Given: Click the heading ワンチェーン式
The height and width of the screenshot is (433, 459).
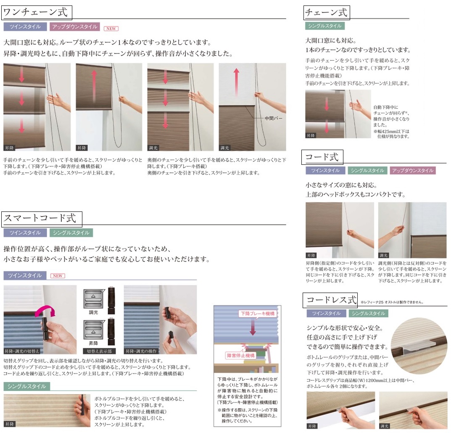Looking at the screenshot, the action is (x=36, y=13).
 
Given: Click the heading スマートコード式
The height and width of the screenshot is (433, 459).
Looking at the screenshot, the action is (x=40, y=219).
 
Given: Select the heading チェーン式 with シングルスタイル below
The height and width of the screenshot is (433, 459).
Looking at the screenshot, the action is (x=326, y=13).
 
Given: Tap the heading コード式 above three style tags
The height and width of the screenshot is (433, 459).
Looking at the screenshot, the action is (x=322, y=157).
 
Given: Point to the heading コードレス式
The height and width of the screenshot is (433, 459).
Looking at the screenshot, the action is (x=331, y=300).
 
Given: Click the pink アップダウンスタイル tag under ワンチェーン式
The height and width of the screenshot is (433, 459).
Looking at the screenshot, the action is (x=75, y=26).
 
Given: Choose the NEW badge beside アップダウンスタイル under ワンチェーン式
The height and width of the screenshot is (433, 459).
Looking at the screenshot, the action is (x=111, y=29).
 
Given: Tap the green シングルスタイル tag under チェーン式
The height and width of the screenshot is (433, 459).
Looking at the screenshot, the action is (x=325, y=26).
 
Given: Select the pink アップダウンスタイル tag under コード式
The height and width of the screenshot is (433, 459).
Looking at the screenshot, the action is (x=413, y=170).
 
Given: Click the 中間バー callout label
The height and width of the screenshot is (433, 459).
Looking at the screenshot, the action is (x=273, y=118).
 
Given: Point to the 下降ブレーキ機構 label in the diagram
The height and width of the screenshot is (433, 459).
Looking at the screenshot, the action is (x=257, y=314).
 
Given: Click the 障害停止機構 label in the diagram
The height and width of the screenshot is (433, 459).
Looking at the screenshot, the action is (x=241, y=355).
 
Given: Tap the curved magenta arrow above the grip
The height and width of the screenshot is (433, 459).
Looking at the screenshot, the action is (x=45, y=311).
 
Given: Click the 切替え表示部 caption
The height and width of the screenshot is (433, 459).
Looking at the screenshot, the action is (x=99, y=351).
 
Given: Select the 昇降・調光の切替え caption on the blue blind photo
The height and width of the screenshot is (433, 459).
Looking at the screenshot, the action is (x=22, y=351).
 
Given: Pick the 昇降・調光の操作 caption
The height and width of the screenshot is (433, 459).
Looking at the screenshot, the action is (x=141, y=351).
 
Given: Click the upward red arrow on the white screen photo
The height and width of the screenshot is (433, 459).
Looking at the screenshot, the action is (x=237, y=82).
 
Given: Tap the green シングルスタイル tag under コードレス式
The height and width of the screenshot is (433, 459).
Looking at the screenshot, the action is (x=369, y=313).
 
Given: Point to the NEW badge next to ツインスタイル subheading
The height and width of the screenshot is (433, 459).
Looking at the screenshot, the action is (x=58, y=276).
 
